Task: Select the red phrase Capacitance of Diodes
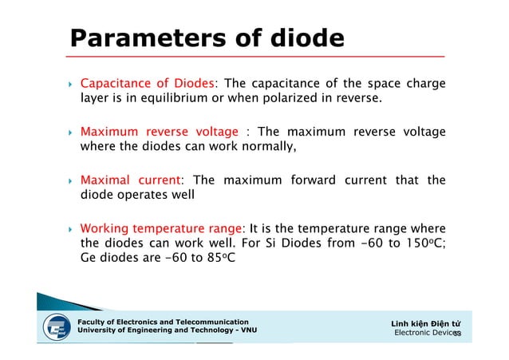148,84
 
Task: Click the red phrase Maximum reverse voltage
160,132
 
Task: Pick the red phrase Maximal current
132,180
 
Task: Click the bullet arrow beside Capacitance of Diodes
70,84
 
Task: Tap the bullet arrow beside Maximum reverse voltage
70,132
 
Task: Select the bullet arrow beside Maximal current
70,180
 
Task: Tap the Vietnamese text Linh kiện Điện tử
425,322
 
